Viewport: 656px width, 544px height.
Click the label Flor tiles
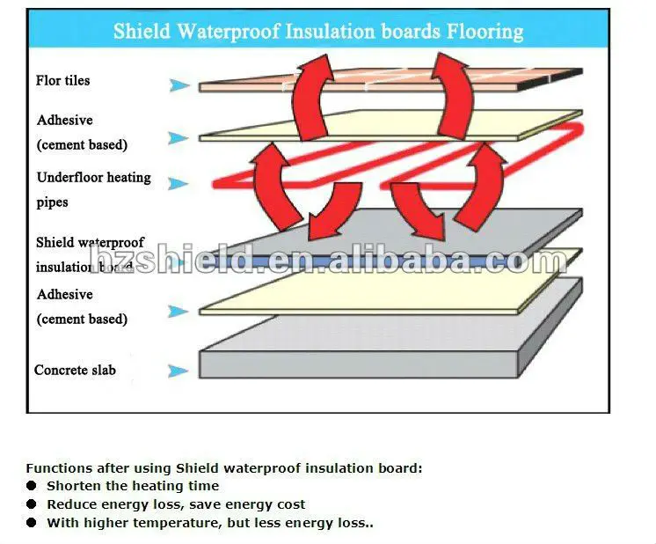[63, 81]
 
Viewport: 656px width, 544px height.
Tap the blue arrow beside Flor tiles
[179, 85]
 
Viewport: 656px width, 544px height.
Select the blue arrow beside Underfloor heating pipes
[179, 184]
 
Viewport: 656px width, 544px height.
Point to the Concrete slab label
[75, 371]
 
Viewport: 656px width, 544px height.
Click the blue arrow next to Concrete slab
[179, 371]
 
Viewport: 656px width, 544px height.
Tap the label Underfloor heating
[93, 178]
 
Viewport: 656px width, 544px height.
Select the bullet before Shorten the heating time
[31, 486]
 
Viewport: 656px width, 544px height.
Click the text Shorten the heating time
[133, 486]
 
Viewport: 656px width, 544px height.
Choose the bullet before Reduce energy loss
[31, 504]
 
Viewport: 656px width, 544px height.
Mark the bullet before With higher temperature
[31, 523]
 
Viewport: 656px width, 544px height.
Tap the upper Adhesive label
[64, 121]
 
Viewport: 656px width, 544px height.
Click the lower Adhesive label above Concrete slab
[64, 295]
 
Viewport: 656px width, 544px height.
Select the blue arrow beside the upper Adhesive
[179, 138]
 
